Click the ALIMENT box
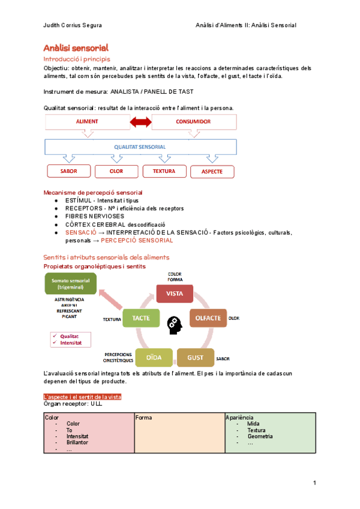point(87,122)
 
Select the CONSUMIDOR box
point(193,122)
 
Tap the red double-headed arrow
point(140,122)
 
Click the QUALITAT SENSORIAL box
point(140,146)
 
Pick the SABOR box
point(68,171)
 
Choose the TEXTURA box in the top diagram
point(164,171)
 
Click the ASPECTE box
point(212,172)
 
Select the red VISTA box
point(175,294)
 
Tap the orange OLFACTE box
point(208,318)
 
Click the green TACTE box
point(141,318)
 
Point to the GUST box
point(195,357)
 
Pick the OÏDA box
point(154,357)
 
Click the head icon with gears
point(174,324)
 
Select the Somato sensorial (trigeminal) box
point(70,283)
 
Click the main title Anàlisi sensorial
point(76,47)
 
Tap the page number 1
point(314,483)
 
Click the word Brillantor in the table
point(77,442)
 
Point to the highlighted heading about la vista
point(83,397)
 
